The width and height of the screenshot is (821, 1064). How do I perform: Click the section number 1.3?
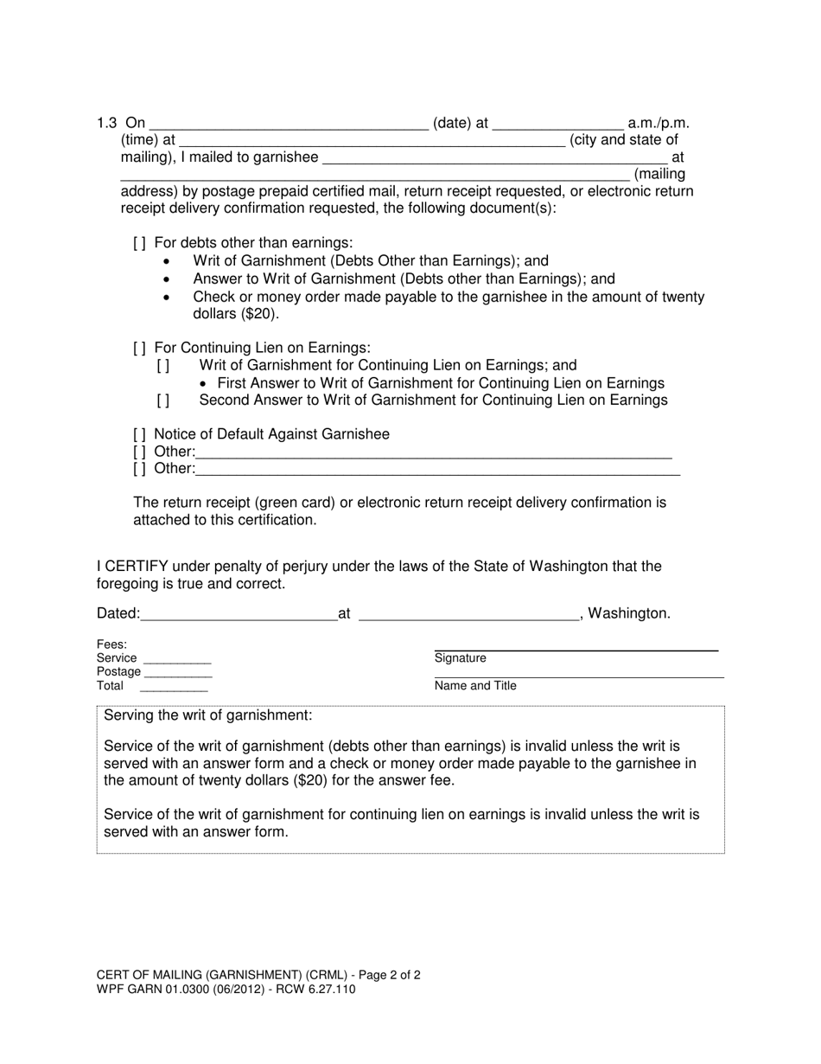click(x=107, y=124)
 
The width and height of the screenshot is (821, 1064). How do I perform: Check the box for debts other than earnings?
click(x=140, y=244)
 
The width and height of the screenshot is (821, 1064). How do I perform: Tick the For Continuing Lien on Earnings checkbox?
click(x=140, y=348)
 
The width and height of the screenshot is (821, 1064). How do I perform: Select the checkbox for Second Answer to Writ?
click(x=163, y=401)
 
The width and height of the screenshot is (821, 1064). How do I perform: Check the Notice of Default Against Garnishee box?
click(x=140, y=434)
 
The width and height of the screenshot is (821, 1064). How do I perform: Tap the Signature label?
click(x=461, y=658)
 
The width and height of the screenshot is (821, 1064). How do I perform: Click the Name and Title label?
click(x=475, y=686)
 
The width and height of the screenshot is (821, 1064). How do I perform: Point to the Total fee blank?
click(x=174, y=688)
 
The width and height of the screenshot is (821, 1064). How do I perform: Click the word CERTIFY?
click(x=137, y=567)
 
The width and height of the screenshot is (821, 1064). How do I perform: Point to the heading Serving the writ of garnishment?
click(x=207, y=716)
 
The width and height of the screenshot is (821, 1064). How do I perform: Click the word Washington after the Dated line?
click(x=628, y=614)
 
